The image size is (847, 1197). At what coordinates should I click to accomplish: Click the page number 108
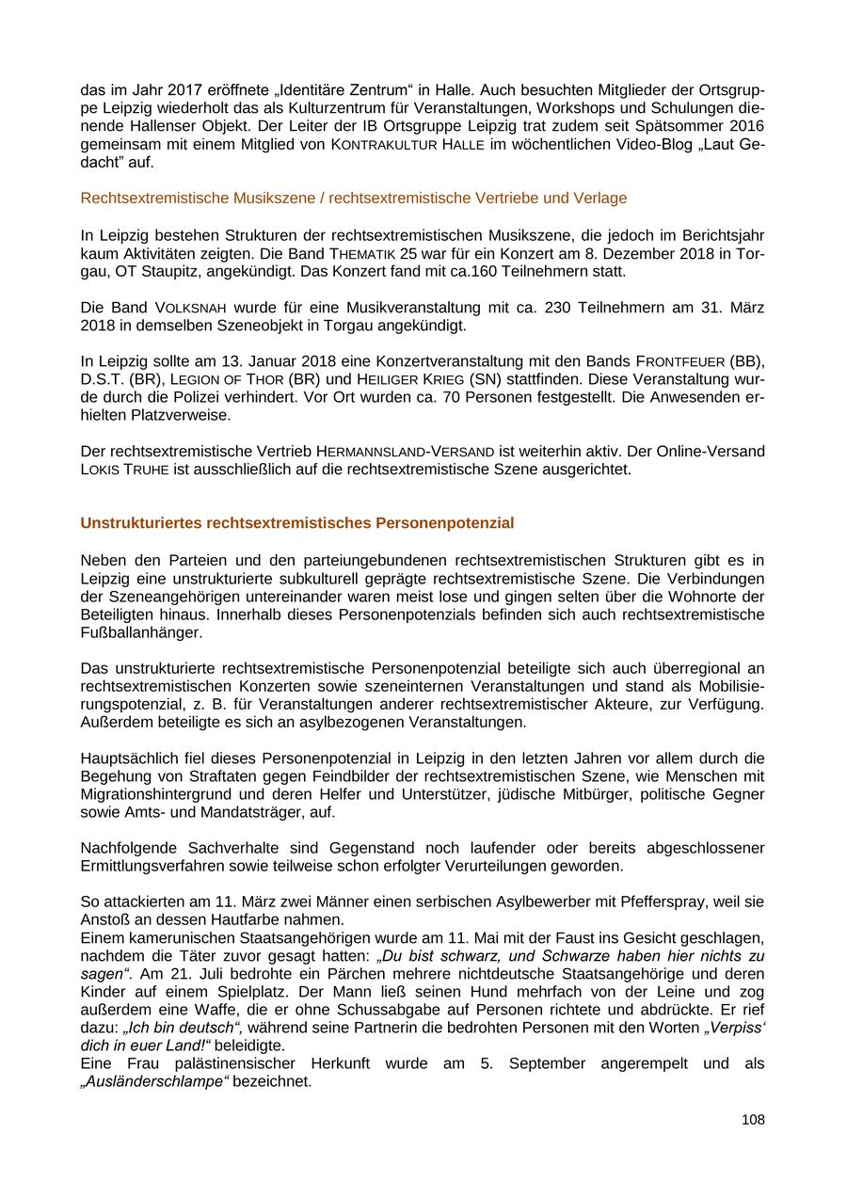click(753, 1120)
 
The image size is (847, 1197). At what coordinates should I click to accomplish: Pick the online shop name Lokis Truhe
click(125, 469)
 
